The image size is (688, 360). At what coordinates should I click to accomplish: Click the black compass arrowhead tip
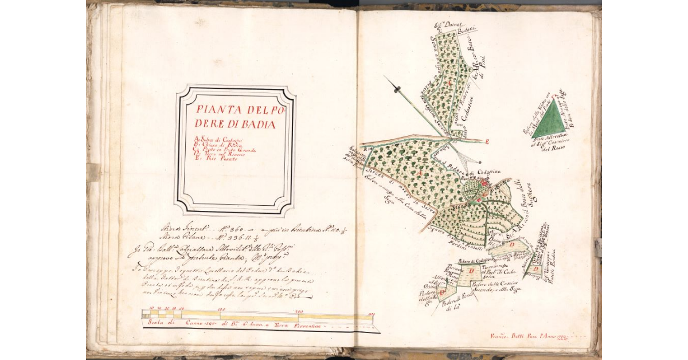396,87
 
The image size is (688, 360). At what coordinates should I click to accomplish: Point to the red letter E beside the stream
487,140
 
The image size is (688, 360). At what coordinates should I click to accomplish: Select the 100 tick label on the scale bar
221,310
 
